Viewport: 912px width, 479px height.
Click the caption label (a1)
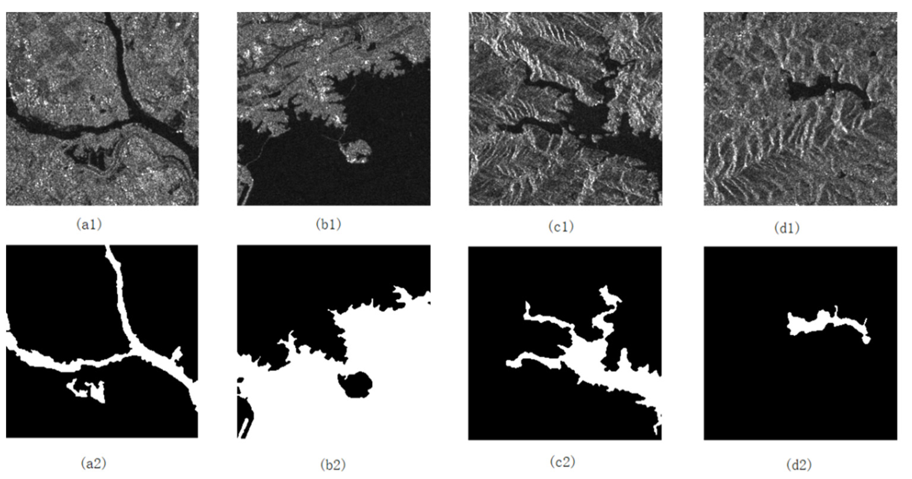click(x=89, y=225)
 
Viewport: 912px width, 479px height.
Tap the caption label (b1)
click(x=328, y=225)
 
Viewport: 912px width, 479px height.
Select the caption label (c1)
click(x=561, y=227)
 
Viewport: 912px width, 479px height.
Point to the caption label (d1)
click(x=787, y=228)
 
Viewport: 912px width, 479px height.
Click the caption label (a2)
click(x=93, y=463)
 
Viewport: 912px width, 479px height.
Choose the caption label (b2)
click(x=333, y=465)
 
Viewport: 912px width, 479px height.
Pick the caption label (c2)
click(x=563, y=462)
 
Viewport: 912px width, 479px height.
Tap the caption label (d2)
click(x=799, y=464)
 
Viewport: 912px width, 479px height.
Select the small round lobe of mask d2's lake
click(x=866, y=340)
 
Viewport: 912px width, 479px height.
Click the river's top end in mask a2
click(x=109, y=248)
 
